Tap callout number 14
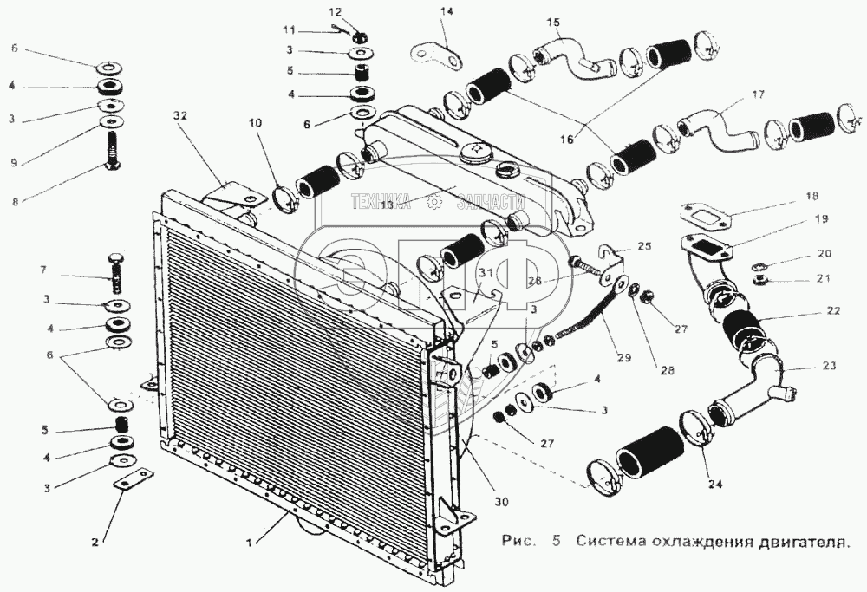[447, 12]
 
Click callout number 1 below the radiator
[250, 543]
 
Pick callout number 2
[96, 543]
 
